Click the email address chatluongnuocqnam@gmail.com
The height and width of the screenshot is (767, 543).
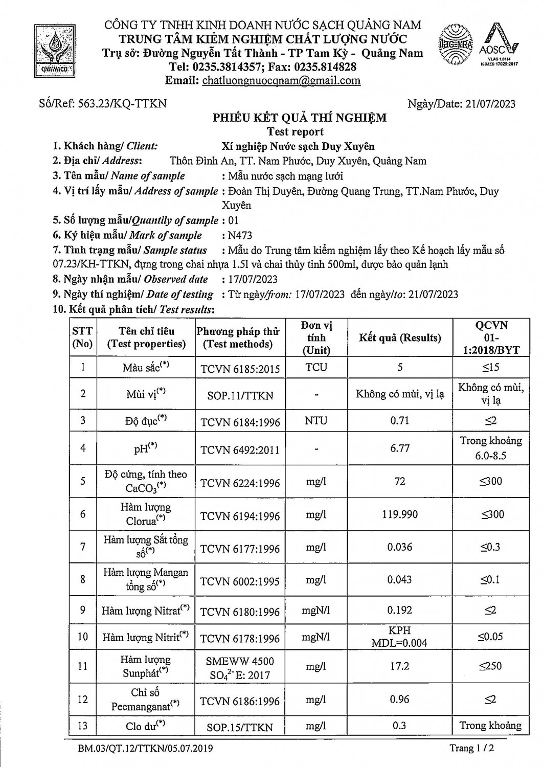[x=281, y=80]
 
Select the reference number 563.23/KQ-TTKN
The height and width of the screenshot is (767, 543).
[x=122, y=104]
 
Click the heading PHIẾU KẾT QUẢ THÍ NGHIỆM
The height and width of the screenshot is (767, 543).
[x=300, y=118]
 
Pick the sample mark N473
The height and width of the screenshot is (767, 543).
[x=238, y=235]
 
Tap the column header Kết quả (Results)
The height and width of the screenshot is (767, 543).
[x=400, y=337]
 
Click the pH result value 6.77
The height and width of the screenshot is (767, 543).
[x=400, y=448]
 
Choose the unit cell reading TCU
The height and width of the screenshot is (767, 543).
[x=316, y=367]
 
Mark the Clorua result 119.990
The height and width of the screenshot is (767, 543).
[x=400, y=514]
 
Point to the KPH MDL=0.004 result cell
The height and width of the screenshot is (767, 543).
[x=400, y=637]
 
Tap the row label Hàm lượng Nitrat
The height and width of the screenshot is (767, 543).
[x=145, y=610]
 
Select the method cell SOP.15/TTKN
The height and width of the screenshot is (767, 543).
[x=240, y=727]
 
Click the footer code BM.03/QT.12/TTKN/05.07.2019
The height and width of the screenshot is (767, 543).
[x=142, y=749]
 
